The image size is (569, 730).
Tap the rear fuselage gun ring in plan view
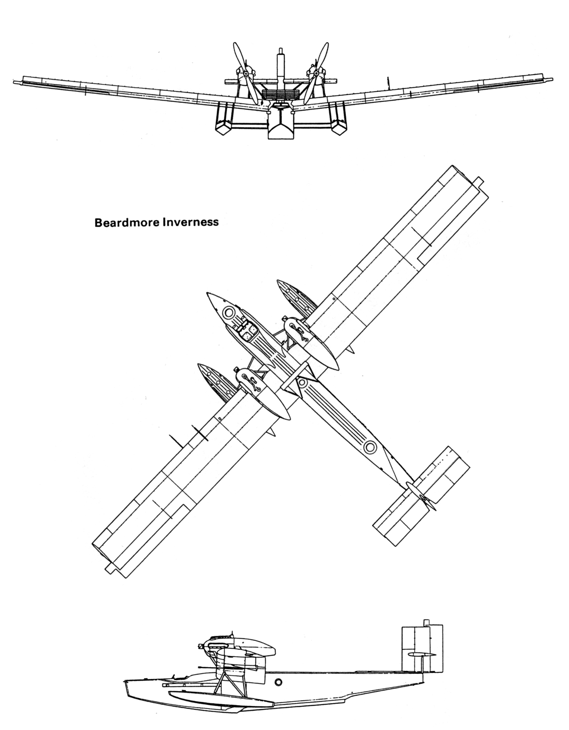point(369,446)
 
